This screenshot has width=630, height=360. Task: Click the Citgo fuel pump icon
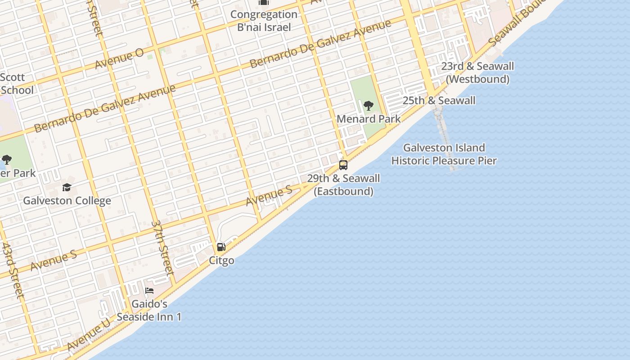click(x=221, y=247)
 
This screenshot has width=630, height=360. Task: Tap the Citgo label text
click(x=221, y=261)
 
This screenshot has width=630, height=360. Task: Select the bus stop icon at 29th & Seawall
click(x=343, y=165)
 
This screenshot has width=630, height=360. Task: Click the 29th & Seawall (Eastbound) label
click(x=343, y=185)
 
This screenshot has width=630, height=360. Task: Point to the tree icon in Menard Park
click(x=369, y=106)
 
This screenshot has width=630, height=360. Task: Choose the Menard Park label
click(x=369, y=119)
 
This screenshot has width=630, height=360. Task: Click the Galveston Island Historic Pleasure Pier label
click(x=444, y=154)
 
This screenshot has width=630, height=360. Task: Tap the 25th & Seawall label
click(x=439, y=100)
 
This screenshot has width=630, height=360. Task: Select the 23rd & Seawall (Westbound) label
click(x=477, y=73)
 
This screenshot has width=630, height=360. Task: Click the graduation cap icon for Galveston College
click(x=67, y=187)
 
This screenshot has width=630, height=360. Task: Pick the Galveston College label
click(x=67, y=201)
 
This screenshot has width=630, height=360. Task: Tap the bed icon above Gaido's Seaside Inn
click(x=149, y=291)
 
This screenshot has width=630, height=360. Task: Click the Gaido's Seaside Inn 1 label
click(x=149, y=310)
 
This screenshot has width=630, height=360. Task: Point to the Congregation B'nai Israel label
click(x=264, y=21)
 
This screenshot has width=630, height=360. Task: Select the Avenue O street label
click(x=119, y=59)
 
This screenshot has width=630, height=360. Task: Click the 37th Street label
click(x=162, y=247)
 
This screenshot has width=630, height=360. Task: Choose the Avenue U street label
click(x=88, y=334)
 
